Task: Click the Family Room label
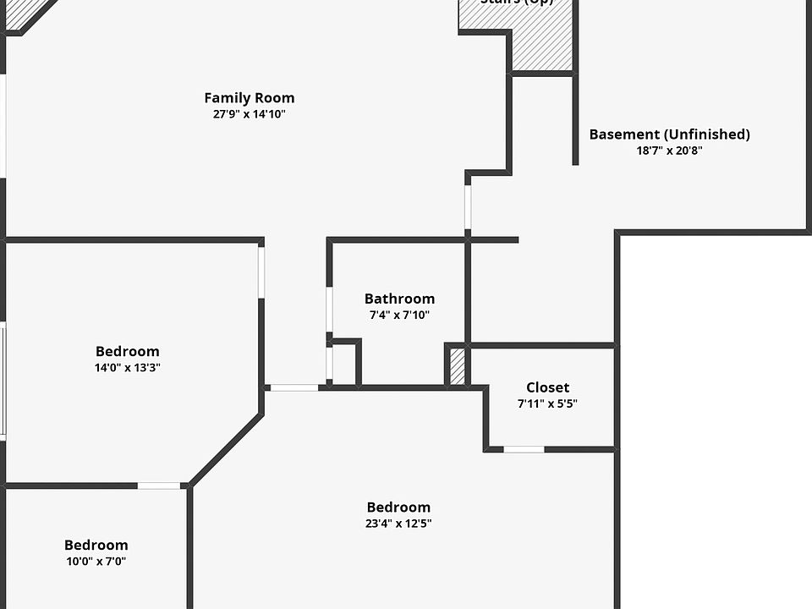click(250, 98)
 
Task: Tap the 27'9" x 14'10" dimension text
click(250, 114)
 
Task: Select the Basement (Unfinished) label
click(669, 134)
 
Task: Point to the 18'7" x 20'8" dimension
click(669, 151)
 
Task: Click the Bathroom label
click(399, 299)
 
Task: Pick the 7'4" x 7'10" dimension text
click(399, 315)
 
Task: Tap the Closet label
click(547, 387)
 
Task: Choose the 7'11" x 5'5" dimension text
click(547, 404)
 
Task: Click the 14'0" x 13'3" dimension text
click(127, 368)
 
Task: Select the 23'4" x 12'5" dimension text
click(398, 524)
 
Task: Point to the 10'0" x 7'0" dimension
click(96, 562)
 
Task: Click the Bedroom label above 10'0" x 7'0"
click(96, 546)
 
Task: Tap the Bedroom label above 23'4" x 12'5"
click(398, 507)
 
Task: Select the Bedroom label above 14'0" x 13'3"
click(127, 351)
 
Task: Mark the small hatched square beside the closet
click(458, 366)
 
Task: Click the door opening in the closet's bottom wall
click(524, 449)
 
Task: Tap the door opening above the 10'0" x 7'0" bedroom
click(159, 486)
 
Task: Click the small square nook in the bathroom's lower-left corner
click(343, 364)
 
